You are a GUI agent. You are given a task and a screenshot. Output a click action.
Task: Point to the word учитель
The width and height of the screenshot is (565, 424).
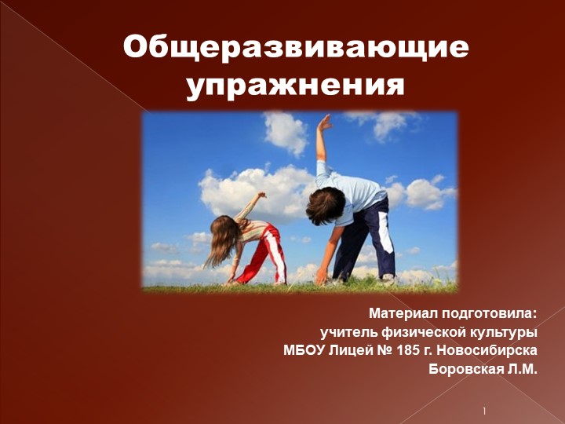(347, 332)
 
